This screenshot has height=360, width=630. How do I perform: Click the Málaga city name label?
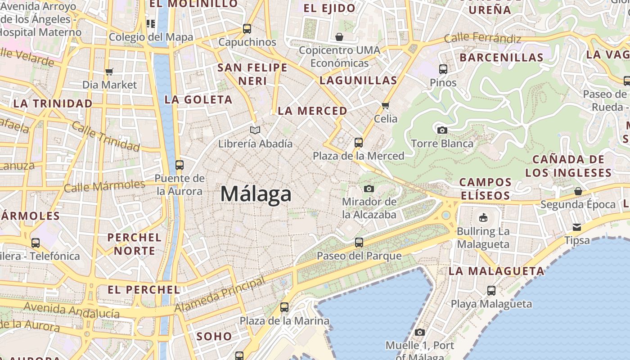click(256, 194)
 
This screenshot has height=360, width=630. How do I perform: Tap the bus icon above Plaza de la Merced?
click(359, 143)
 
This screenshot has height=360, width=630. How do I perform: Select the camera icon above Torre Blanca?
click(442, 130)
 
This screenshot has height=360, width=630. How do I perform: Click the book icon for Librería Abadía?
click(255, 130)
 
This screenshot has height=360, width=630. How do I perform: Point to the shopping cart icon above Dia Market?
click(109, 71)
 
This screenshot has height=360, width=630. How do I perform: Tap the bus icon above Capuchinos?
click(247, 29)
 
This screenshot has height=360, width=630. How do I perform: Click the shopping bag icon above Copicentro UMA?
click(339, 36)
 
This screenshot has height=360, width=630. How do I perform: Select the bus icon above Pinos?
click(443, 69)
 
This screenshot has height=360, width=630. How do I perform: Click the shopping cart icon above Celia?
click(385, 105)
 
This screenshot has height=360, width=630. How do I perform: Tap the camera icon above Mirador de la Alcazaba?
click(369, 188)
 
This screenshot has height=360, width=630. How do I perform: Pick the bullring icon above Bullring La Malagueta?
click(483, 218)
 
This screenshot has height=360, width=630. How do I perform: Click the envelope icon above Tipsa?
click(577, 227)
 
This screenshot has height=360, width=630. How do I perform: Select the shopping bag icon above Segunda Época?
click(578, 191)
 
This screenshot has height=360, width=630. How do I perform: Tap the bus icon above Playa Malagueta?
click(491, 291)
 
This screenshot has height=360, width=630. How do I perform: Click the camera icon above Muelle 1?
click(420, 332)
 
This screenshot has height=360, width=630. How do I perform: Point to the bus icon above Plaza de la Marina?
click(284, 307)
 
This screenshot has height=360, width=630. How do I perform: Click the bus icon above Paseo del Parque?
click(359, 243)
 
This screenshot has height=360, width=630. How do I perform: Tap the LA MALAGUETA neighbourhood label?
click(496, 271)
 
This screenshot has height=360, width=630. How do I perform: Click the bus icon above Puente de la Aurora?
click(180, 165)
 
